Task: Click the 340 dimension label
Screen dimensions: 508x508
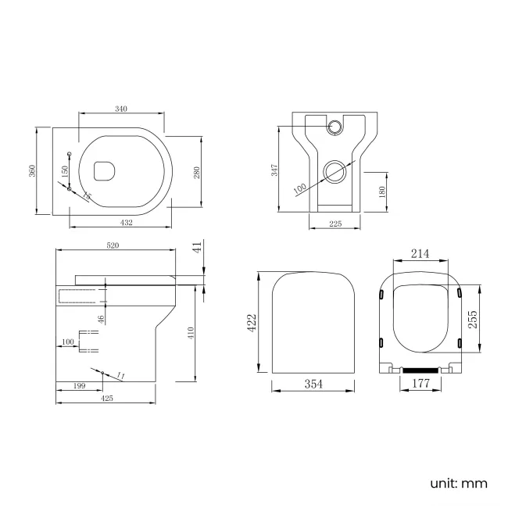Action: [121, 109]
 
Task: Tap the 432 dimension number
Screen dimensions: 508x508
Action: [126, 223]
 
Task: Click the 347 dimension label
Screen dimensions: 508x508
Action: [275, 171]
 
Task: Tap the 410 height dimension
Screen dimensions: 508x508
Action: [190, 332]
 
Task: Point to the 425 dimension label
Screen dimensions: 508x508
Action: [107, 398]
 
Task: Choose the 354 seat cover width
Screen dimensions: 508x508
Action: [313, 384]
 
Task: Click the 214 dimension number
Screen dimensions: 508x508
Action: [420, 255]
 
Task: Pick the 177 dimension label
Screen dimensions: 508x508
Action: [420, 384]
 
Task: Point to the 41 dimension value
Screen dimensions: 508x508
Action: [199, 247]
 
